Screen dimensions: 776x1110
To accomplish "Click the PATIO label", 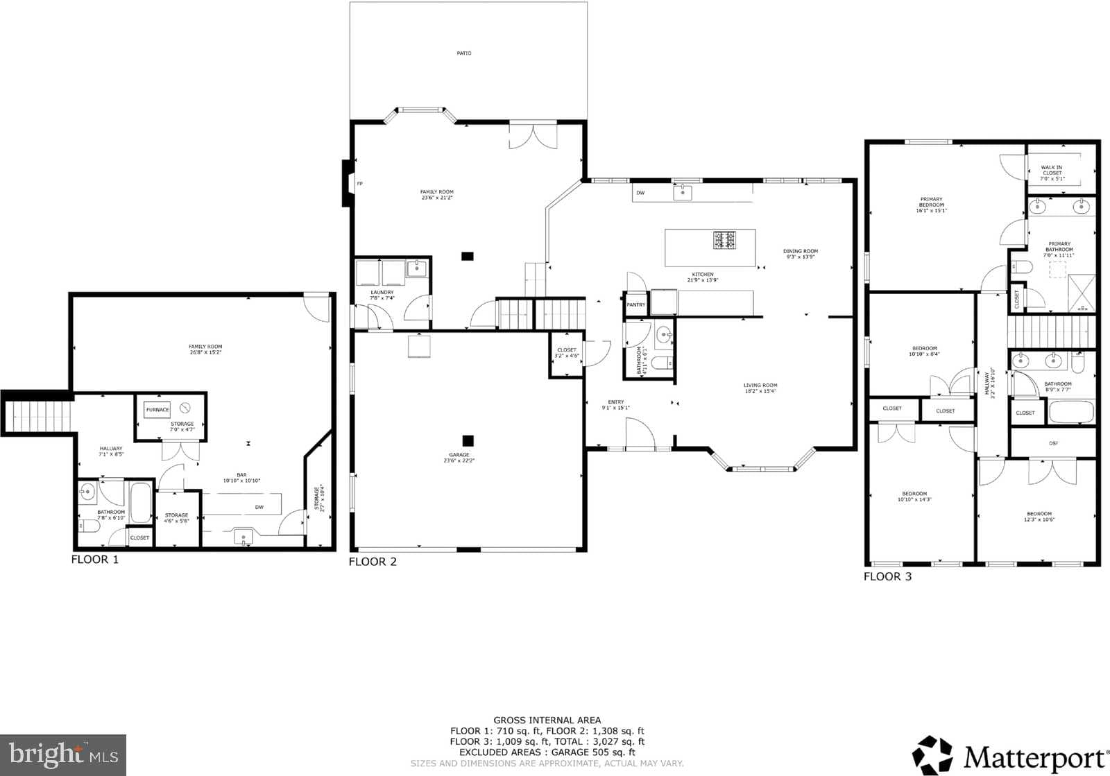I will coord(464,53).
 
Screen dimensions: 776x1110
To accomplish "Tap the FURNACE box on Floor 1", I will coord(157,410).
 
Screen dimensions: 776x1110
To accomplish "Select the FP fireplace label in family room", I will coord(359,184).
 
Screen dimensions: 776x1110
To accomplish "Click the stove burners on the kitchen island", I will coord(724,240).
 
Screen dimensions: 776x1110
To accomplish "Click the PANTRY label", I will coord(635,305).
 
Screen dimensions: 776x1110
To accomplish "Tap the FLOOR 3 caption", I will coord(887,576).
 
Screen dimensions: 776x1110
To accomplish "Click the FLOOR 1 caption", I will coord(95,560).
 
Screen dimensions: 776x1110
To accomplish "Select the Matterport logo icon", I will coord(933,755).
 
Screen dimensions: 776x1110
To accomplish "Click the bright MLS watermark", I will coord(63,755).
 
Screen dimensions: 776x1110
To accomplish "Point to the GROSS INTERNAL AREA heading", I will coord(547,721).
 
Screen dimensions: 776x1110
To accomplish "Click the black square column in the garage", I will coord(468,440).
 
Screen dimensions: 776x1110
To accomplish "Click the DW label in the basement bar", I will coord(259,507).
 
